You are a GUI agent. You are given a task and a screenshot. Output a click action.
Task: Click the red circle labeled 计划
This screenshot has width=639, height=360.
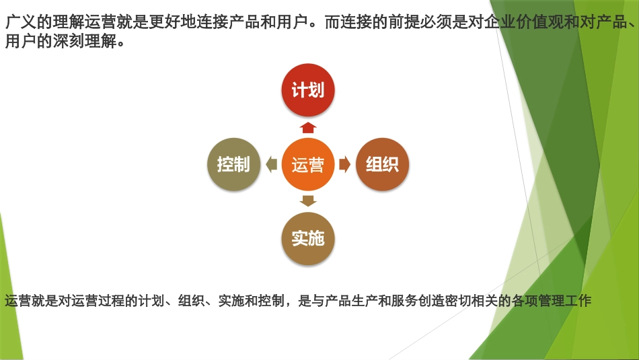308,91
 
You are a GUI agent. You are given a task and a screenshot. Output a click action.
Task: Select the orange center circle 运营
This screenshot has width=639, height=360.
308,165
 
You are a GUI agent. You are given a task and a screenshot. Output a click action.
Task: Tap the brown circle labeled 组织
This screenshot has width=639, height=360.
382,165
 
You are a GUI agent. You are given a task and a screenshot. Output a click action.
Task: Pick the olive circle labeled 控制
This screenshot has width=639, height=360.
233,165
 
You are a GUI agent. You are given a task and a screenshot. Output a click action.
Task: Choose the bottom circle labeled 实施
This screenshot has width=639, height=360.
308,238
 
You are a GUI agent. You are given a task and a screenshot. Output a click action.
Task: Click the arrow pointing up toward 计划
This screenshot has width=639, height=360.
308,127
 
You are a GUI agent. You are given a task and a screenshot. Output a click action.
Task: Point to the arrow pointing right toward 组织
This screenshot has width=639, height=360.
344,165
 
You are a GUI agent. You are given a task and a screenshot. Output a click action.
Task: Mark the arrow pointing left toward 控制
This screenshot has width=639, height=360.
271,165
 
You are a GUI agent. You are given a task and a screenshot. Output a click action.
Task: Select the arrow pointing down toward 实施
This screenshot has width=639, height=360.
308,201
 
